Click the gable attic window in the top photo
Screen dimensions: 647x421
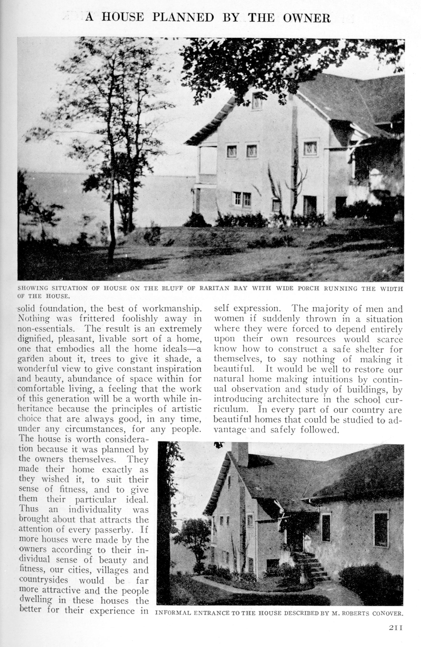(257, 101)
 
